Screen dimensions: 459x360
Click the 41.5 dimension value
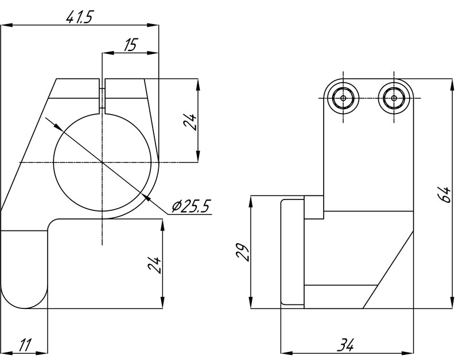tap(79, 18)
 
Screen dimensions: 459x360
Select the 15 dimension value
tap(130, 45)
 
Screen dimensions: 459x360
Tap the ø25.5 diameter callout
tap(191, 206)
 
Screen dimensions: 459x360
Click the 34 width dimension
tap(346, 345)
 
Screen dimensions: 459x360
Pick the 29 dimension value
tap(242, 252)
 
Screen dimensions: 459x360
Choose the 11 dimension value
tap(25, 345)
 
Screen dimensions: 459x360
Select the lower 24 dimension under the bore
tap(154, 265)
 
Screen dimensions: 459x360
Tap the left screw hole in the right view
tap(343, 98)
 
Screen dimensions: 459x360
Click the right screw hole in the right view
tap(394, 98)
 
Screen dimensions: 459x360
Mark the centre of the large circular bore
tap(102, 162)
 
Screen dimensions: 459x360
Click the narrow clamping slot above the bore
tap(102, 96)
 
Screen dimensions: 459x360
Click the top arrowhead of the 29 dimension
tap(251, 202)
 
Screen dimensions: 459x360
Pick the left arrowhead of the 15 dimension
tap(108, 53)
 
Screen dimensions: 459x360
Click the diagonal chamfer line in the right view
tap(388, 269)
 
